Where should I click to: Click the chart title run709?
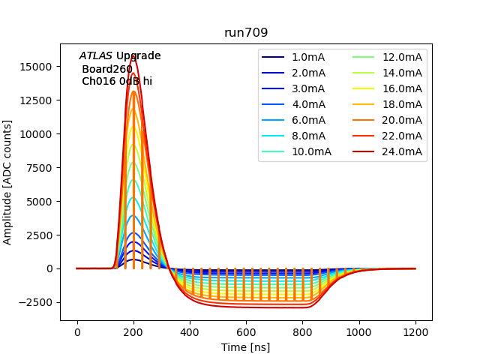(x=246, y=33)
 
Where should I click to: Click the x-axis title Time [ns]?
(x=246, y=347)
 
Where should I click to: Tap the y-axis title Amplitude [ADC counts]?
(x=8, y=182)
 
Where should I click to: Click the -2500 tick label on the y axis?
(x=35, y=302)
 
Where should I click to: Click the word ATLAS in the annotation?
(x=95, y=56)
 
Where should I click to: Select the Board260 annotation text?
(x=107, y=69)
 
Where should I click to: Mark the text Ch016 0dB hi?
(x=117, y=81)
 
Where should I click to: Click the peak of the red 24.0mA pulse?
(x=133, y=55)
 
